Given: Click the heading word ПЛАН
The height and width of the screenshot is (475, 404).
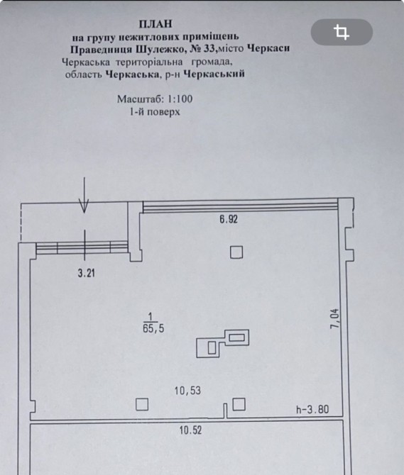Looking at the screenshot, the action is click(155, 23).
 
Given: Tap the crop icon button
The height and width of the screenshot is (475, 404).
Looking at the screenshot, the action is click(342, 32).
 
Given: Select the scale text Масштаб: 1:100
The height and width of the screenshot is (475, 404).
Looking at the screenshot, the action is click(155, 99).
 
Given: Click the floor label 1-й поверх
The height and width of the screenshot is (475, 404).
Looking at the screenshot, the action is click(155, 112).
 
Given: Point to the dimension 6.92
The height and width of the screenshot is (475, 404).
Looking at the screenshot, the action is click(229, 219).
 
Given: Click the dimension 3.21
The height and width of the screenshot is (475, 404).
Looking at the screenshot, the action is click(87, 273).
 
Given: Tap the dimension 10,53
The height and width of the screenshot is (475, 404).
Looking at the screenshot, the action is click(187, 391).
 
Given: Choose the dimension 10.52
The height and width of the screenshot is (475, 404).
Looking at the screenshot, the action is click(190, 430).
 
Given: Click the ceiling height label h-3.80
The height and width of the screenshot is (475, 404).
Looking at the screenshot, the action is click(312, 410).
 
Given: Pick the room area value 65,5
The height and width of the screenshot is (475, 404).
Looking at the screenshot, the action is click(153, 328).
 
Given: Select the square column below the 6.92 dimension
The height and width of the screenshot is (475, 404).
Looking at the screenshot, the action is click(236, 252).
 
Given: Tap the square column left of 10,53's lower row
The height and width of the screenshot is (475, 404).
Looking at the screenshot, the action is click(142, 404).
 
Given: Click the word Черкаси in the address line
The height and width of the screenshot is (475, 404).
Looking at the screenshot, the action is click(268, 48).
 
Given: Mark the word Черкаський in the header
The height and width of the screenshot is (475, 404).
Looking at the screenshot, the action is click(214, 74).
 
